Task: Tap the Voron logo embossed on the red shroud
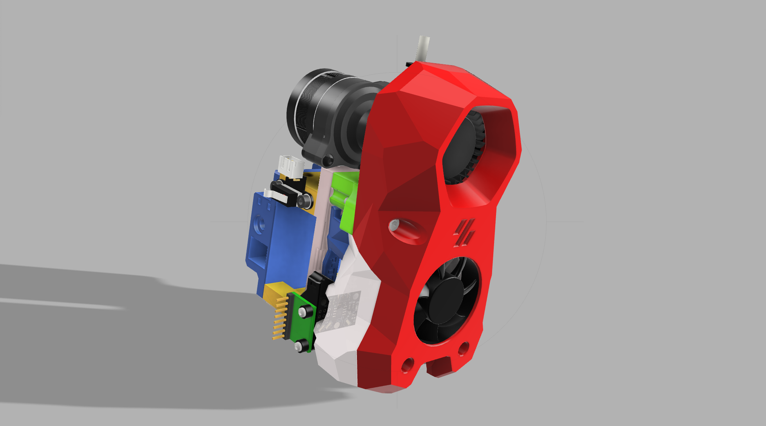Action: [x=464, y=233]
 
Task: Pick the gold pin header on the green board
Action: [x=280, y=318]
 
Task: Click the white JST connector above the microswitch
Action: [x=290, y=165]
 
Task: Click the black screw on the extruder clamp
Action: [x=328, y=160]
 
